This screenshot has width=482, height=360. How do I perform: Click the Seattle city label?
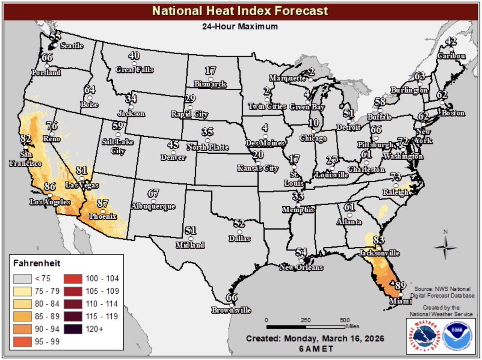click(71, 46)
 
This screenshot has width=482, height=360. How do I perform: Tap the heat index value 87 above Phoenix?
click(103, 203)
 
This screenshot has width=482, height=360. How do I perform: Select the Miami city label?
click(400, 301)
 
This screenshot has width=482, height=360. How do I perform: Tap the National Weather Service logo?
click(423, 336)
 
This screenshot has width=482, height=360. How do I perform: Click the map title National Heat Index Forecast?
click(240, 10)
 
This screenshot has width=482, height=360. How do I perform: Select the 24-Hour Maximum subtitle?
click(240, 27)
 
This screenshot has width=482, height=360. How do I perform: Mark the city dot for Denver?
click(173, 153)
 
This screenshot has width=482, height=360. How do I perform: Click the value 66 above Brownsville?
click(232, 297)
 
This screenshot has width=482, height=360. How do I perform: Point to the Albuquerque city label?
click(153, 206)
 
